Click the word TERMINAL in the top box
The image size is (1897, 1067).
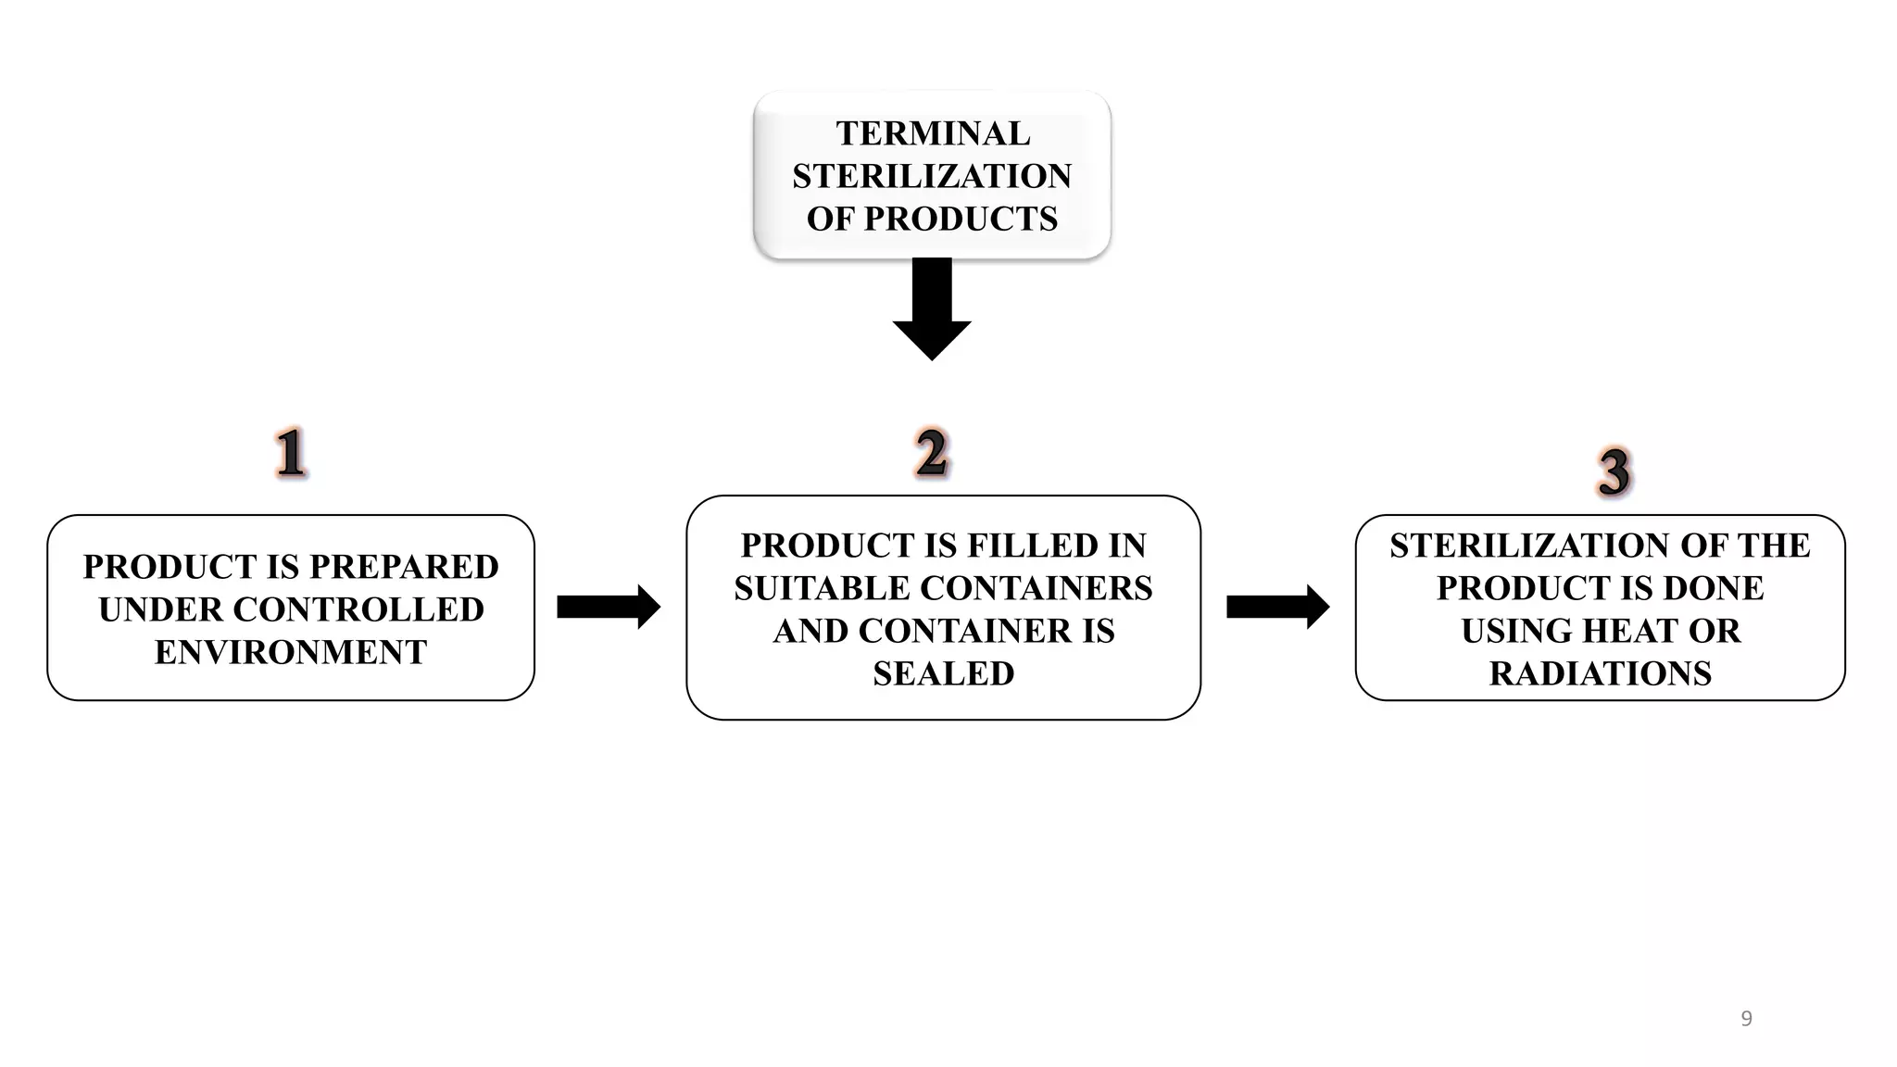click(932, 133)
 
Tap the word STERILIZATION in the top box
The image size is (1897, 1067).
click(932, 176)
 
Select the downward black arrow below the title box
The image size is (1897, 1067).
click(932, 310)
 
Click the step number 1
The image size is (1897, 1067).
click(291, 454)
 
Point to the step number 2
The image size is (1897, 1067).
click(932, 454)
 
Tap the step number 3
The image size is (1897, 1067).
click(1614, 472)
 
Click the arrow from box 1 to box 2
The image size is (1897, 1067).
click(609, 607)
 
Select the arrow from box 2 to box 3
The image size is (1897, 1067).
click(1277, 607)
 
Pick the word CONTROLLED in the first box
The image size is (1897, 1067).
click(358, 609)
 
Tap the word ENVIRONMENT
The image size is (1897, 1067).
click(291, 652)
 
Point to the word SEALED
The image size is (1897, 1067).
click(943, 673)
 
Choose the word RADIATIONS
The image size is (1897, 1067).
click(1600, 673)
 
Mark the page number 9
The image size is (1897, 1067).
click(1746, 1019)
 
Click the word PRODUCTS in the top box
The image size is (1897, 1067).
click(961, 219)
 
